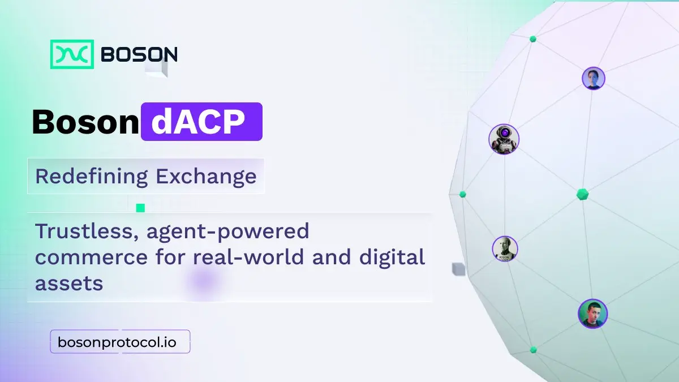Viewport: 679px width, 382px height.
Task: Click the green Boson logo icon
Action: (x=72, y=54)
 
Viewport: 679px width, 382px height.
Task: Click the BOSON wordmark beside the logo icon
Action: (x=139, y=54)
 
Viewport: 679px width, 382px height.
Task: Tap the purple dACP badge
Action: (x=201, y=122)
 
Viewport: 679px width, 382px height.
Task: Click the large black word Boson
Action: (x=85, y=122)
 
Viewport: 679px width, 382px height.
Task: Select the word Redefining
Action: (x=92, y=177)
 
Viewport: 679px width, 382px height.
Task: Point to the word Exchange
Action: (x=206, y=176)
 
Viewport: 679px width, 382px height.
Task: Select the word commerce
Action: (x=91, y=257)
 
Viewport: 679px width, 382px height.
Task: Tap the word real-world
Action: (x=248, y=256)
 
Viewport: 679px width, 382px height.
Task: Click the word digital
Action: (x=392, y=257)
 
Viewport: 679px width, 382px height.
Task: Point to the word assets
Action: (x=69, y=284)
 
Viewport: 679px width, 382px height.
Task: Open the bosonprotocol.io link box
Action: (x=120, y=342)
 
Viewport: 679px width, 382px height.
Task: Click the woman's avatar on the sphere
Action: (x=593, y=79)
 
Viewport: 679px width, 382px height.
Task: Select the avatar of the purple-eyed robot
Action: (x=504, y=139)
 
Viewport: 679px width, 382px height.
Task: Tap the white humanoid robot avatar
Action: (x=505, y=248)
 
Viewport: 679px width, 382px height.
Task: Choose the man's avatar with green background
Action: (x=592, y=314)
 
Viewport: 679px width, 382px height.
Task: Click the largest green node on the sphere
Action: (x=582, y=194)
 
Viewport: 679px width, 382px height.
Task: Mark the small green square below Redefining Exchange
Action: (x=140, y=208)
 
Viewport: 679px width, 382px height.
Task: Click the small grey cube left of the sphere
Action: (x=458, y=269)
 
